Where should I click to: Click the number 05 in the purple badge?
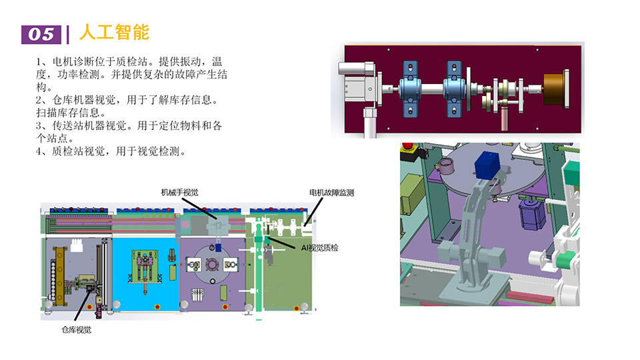click(x=41, y=33)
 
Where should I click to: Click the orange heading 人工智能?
click(x=113, y=32)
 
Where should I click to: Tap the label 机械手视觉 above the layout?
click(x=179, y=192)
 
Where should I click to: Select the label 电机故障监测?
click(x=331, y=192)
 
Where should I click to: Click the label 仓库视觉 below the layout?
click(x=76, y=329)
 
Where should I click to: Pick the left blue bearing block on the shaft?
click(x=408, y=85)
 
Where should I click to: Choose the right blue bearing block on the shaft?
click(x=455, y=85)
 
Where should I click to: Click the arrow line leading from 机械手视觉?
click(x=203, y=207)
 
